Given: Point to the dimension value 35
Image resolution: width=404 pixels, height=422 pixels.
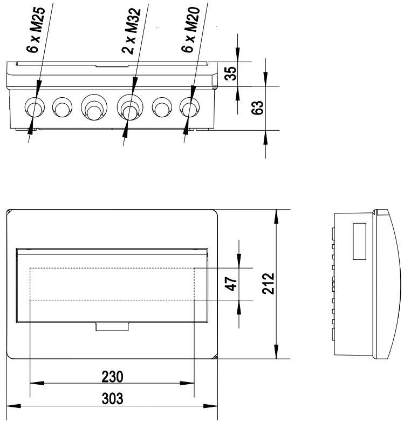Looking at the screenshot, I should (230, 74).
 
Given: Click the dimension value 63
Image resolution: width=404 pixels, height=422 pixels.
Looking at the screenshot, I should (257, 108).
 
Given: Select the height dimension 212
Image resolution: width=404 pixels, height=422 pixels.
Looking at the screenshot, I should (268, 284).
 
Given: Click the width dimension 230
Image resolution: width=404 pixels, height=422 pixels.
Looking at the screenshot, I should (112, 376).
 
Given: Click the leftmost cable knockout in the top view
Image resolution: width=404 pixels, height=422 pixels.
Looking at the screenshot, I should (35, 108).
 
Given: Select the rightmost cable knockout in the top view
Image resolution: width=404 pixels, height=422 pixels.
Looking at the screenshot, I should (189, 108).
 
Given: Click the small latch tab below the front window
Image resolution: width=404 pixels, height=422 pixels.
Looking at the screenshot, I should (112, 327).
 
